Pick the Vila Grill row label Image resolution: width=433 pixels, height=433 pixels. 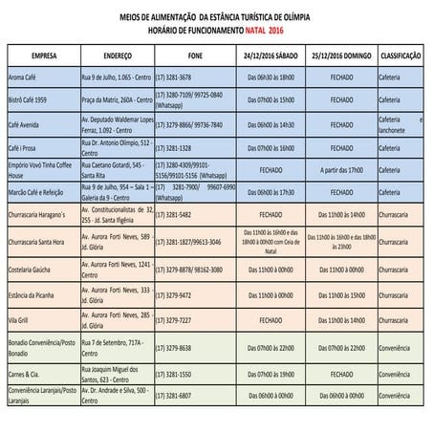click(22, 320)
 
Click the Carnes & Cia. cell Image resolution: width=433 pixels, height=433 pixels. click(29, 374)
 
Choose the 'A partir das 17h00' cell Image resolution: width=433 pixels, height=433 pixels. click(341, 170)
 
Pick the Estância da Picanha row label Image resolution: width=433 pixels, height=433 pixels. click(36, 295)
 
